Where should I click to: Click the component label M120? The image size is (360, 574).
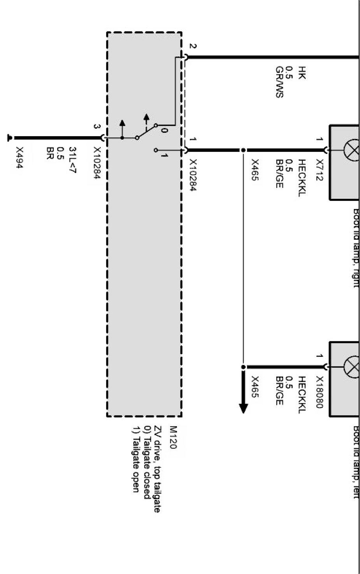click(173, 438)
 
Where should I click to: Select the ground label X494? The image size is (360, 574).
click(19, 158)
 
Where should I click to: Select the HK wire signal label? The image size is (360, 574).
click(302, 73)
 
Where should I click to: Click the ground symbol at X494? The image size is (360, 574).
click(9, 137)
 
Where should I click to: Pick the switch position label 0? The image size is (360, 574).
click(164, 131)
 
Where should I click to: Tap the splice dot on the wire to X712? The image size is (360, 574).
click(243, 150)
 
